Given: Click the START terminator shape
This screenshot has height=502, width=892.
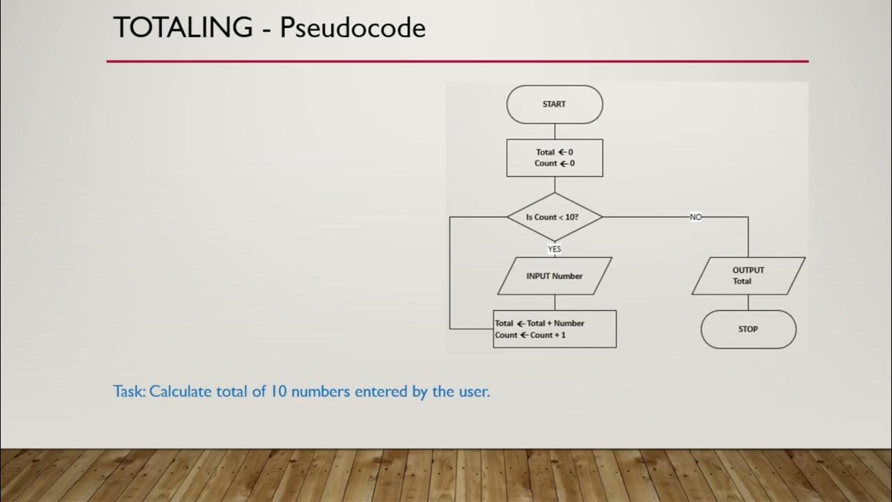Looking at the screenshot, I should pyautogui.click(x=554, y=105).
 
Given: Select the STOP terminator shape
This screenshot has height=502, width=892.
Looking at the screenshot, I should pyautogui.click(x=748, y=329).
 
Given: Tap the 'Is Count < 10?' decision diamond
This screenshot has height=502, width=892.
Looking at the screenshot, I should pyautogui.click(x=554, y=217).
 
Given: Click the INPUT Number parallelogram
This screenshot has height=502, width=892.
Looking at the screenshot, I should pyautogui.click(x=554, y=276).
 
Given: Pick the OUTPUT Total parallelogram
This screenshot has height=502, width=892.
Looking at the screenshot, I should pyautogui.click(x=748, y=275).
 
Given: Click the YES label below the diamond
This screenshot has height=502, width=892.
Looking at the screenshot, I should pyautogui.click(x=555, y=249).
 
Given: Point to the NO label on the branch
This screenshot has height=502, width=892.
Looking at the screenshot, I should pyautogui.click(x=695, y=217).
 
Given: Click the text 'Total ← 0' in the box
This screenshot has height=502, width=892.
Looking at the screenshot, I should pyautogui.click(x=555, y=152).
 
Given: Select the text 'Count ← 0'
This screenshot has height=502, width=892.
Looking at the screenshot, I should pyautogui.click(x=555, y=163).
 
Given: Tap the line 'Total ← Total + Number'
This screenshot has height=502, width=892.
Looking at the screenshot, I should pyautogui.click(x=540, y=324).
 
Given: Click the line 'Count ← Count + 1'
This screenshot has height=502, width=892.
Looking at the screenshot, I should pyautogui.click(x=530, y=335).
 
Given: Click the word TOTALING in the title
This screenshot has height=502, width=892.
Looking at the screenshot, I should pyautogui.click(x=183, y=28).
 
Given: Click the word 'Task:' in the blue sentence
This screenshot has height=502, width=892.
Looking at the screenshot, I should pyautogui.click(x=130, y=391).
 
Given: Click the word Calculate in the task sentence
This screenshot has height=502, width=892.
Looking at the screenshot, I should pyautogui.click(x=180, y=391).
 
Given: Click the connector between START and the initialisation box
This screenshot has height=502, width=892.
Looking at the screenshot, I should pyautogui.click(x=555, y=131).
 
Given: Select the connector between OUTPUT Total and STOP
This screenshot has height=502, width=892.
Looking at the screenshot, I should pyautogui.click(x=748, y=302).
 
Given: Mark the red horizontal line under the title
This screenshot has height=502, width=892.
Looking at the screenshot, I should pyautogui.click(x=457, y=61).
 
